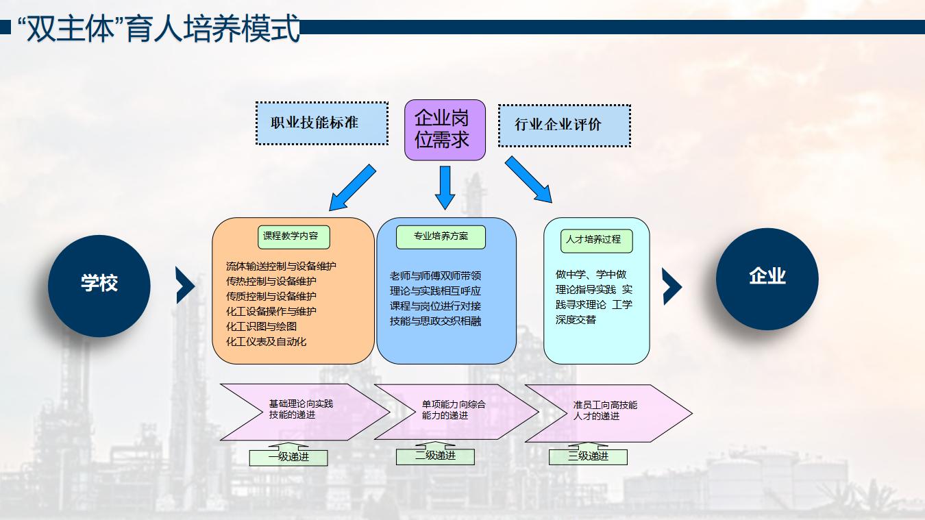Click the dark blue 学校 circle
pyautogui.click(x=99, y=286)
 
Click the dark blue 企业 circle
pyautogui.click(x=767, y=279)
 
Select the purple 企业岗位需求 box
pyautogui.click(x=445, y=129)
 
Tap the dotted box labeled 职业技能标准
pyautogui.click(x=322, y=123)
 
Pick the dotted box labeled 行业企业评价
pyautogui.click(x=565, y=125)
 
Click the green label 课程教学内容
pyautogui.click(x=294, y=236)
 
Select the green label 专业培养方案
pyautogui.click(x=441, y=236)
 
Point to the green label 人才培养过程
pyautogui.click(x=596, y=240)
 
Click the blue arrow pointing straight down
pyautogui.click(x=445, y=188)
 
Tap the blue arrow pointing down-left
pyautogui.click(x=352, y=188)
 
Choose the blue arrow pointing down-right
pyautogui.click(x=528, y=179)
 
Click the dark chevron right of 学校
pyautogui.click(x=185, y=286)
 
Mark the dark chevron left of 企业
pyautogui.click(x=672, y=286)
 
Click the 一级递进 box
pyautogui.click(x=288, y=457)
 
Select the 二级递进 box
pyautogui.click(x=435, y=456)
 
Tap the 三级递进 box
pyautogui.click(x=588, y=456)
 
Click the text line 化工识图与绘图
pyautogui.click(x=261, y=326)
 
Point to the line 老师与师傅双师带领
pyautogui.click(x=435, y=275)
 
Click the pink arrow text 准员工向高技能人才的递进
pyautogui.click(x=605, y=410)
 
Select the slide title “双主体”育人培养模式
pyautogui.click(x=158, y=28)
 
